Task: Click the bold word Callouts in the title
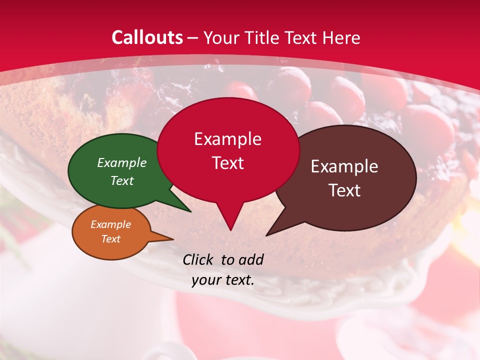coord(147,37)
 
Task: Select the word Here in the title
coord(341,38)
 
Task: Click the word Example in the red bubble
coord(227,139)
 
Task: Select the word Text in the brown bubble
coord(344,190)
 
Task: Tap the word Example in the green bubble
coord(122,163)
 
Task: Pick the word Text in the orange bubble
coord(111,239)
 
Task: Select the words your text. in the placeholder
coord(223,280)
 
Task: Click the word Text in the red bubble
coord(228,163)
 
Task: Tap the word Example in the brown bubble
coord(344,166)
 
